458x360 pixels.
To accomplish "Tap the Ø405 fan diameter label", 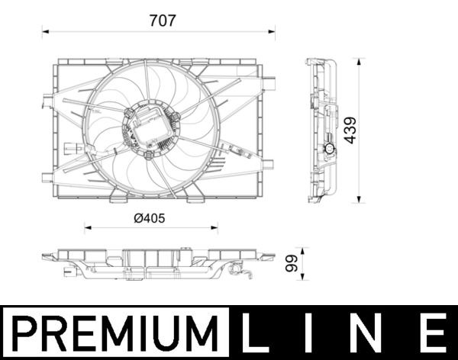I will point(149,217).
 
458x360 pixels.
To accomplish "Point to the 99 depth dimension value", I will point(290,264).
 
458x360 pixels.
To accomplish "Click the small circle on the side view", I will point(330,149).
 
